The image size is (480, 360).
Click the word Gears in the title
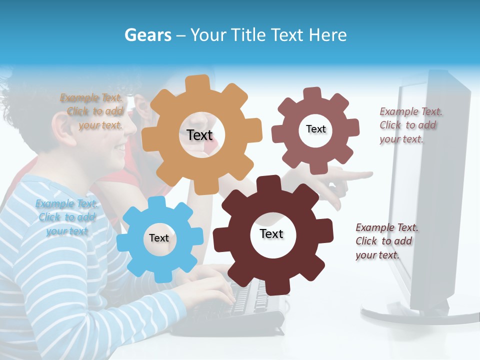click(x=147, y=35)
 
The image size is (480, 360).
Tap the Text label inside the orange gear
click(x=199, y=135)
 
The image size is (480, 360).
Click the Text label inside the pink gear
click(x=315, y=129)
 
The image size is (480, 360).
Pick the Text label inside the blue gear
click(x=159, y=238)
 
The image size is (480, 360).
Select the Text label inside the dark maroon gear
click(x=271, y=234)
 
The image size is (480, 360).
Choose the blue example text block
click(x=66, y=217)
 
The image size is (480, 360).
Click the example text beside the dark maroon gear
click(x=386, y=241)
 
